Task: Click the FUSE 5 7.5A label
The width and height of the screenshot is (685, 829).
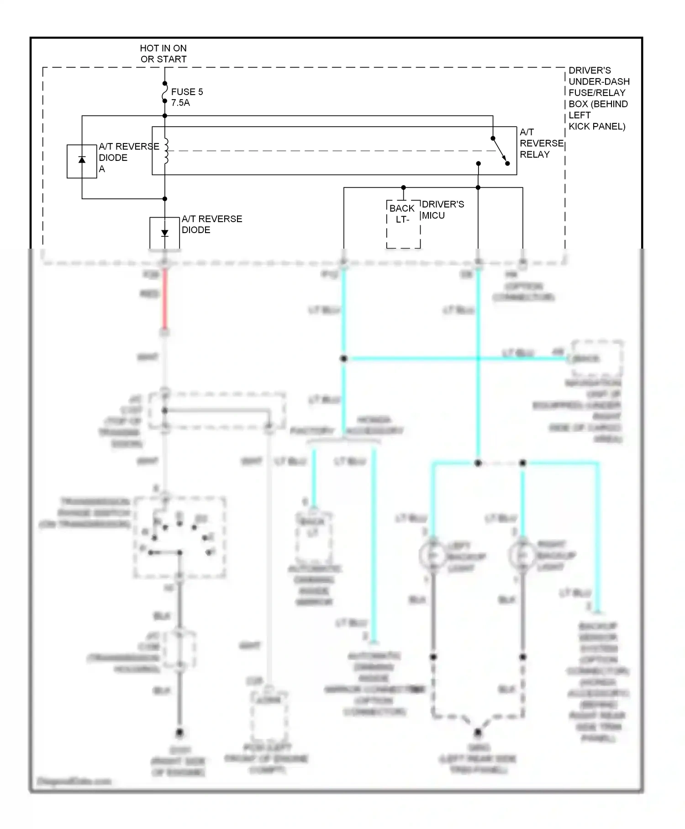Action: point(187,97)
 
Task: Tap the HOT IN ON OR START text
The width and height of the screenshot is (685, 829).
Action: point(163,53)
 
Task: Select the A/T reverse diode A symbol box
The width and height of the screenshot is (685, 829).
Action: point(82,161)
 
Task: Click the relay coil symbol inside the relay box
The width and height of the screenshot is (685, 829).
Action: point(166,151)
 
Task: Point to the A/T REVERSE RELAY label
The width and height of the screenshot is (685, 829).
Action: point(541,143)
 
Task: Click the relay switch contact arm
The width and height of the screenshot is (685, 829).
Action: point(500,150)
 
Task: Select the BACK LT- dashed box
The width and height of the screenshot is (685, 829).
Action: point(403,224)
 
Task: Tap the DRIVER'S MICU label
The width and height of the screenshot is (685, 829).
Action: point(443,210)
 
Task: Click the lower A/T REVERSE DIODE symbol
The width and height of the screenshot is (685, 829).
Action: point(165,233)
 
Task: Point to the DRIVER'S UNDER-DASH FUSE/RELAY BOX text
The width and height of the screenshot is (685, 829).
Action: point(598,98)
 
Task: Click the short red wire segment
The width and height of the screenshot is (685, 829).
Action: point(165,299)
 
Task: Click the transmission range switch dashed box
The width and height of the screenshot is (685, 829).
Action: point(179,537)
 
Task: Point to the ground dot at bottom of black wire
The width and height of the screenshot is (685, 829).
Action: point(179,733)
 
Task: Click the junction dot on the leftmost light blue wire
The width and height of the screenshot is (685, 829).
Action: point(344,359)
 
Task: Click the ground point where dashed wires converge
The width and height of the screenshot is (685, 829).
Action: point(478,733)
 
